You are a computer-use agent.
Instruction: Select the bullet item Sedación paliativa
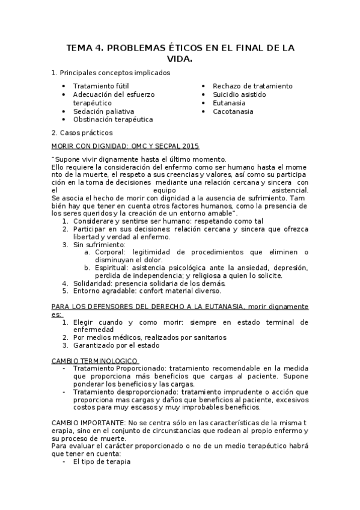pyautogui.click(x=103, y=111)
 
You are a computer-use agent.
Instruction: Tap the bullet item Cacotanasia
pyautogui.click(x=233, y=111)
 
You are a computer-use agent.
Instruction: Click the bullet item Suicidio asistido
pyautogui.click(x=239, y=94)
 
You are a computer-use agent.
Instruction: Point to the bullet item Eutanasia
pyautogui.click(x=229, y=103)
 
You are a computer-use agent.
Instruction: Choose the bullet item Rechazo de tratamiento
pyautogui.click(x=252, y=86)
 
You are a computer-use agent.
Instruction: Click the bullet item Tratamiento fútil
pyautogui.click(x=100, y=86)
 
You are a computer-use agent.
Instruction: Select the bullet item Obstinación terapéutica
pyautogui.click(x=113, y=120)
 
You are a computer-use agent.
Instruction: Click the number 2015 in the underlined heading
pyautogui.click(x=188, y=146)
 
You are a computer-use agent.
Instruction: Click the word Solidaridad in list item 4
pyautogui.click(x=93, y=283)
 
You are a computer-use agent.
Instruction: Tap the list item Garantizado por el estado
pyautogui.click(x=117, y=345)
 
